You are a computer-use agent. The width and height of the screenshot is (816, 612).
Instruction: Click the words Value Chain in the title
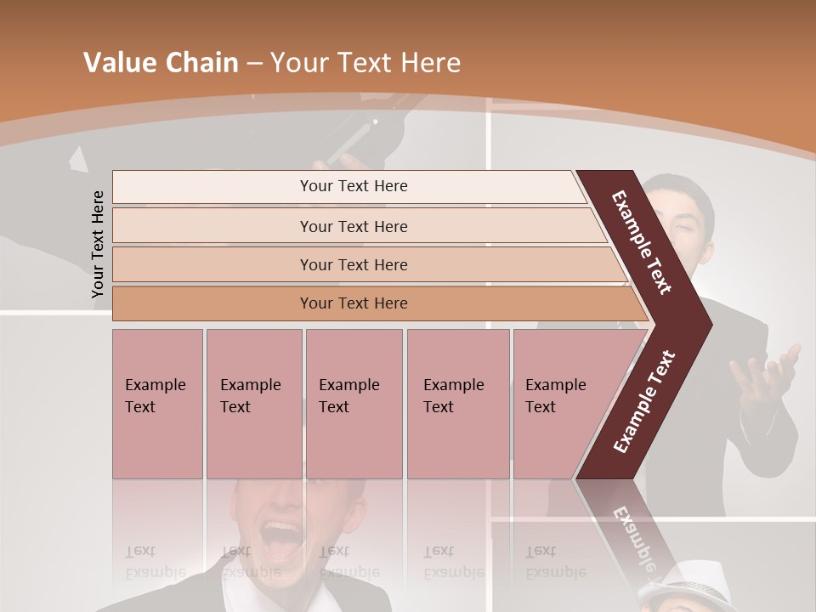click(x=161, y=63)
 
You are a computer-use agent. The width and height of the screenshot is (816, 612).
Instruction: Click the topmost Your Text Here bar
click(x=353, y=187)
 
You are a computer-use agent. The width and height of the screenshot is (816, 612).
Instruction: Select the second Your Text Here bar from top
click(x=354, y=226)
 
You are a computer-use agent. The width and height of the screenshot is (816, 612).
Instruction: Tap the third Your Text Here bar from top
click(x=354, y=264)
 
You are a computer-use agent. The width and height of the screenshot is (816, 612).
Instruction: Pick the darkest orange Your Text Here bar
click(x=354, y=303)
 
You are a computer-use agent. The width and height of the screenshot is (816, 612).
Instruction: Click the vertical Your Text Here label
click(x=98, y=244)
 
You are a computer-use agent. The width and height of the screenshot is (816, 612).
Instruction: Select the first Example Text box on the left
click(x=157, y=403)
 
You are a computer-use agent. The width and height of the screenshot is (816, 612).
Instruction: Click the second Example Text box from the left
click(x=253, y=403)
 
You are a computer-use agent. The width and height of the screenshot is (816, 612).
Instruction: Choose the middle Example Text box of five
click(x=354, y=403)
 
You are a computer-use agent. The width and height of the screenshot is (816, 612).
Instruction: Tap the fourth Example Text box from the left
click(x=458, y=403)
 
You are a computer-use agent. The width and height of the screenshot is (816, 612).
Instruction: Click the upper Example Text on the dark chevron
click(x=643, y=241)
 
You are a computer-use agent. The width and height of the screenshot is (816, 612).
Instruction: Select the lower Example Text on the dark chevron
click(x=644, y=402)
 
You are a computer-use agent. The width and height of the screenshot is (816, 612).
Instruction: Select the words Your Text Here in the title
click(x=365, y=63)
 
